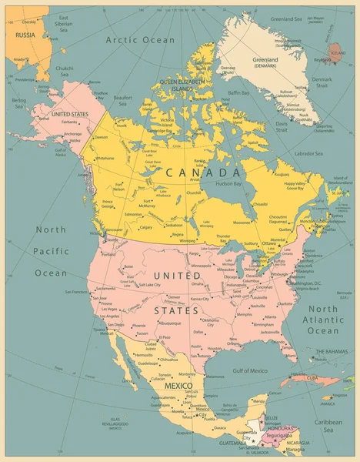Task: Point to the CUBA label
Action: click(313, 378)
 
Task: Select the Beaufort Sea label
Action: click(106, 99)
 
